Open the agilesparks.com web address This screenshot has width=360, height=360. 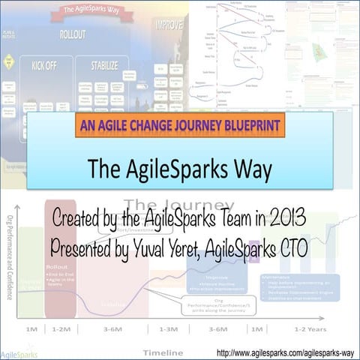click(x=285, y=351)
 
